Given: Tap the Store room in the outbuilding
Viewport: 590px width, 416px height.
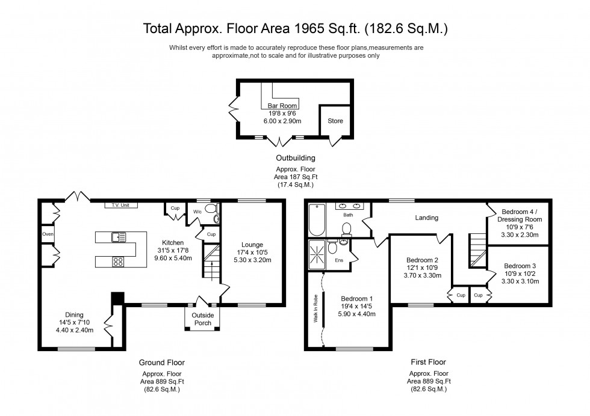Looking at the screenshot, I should (x=335, y=121).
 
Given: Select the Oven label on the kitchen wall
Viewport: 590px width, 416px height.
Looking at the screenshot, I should (x=48, y=234).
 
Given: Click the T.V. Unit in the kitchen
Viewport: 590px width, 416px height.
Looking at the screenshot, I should (x=120, y=206).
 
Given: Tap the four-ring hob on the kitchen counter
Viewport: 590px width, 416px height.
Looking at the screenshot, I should (x=118, y=261).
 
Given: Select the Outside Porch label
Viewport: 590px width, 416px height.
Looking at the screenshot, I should (x=202, y=319).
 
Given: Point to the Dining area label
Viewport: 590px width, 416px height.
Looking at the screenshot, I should (x=75, y=314).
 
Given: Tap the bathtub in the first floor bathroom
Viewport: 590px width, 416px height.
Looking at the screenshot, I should (x=317, y=221).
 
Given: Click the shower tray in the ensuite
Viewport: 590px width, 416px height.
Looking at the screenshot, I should (x=317, y=255).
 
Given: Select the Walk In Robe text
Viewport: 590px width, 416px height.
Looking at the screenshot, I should (x=315, y=308).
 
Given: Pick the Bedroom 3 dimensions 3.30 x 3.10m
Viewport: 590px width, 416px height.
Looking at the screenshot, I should (x=518, y=281).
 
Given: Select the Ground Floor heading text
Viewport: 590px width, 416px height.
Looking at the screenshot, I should (x=161, y=362).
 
